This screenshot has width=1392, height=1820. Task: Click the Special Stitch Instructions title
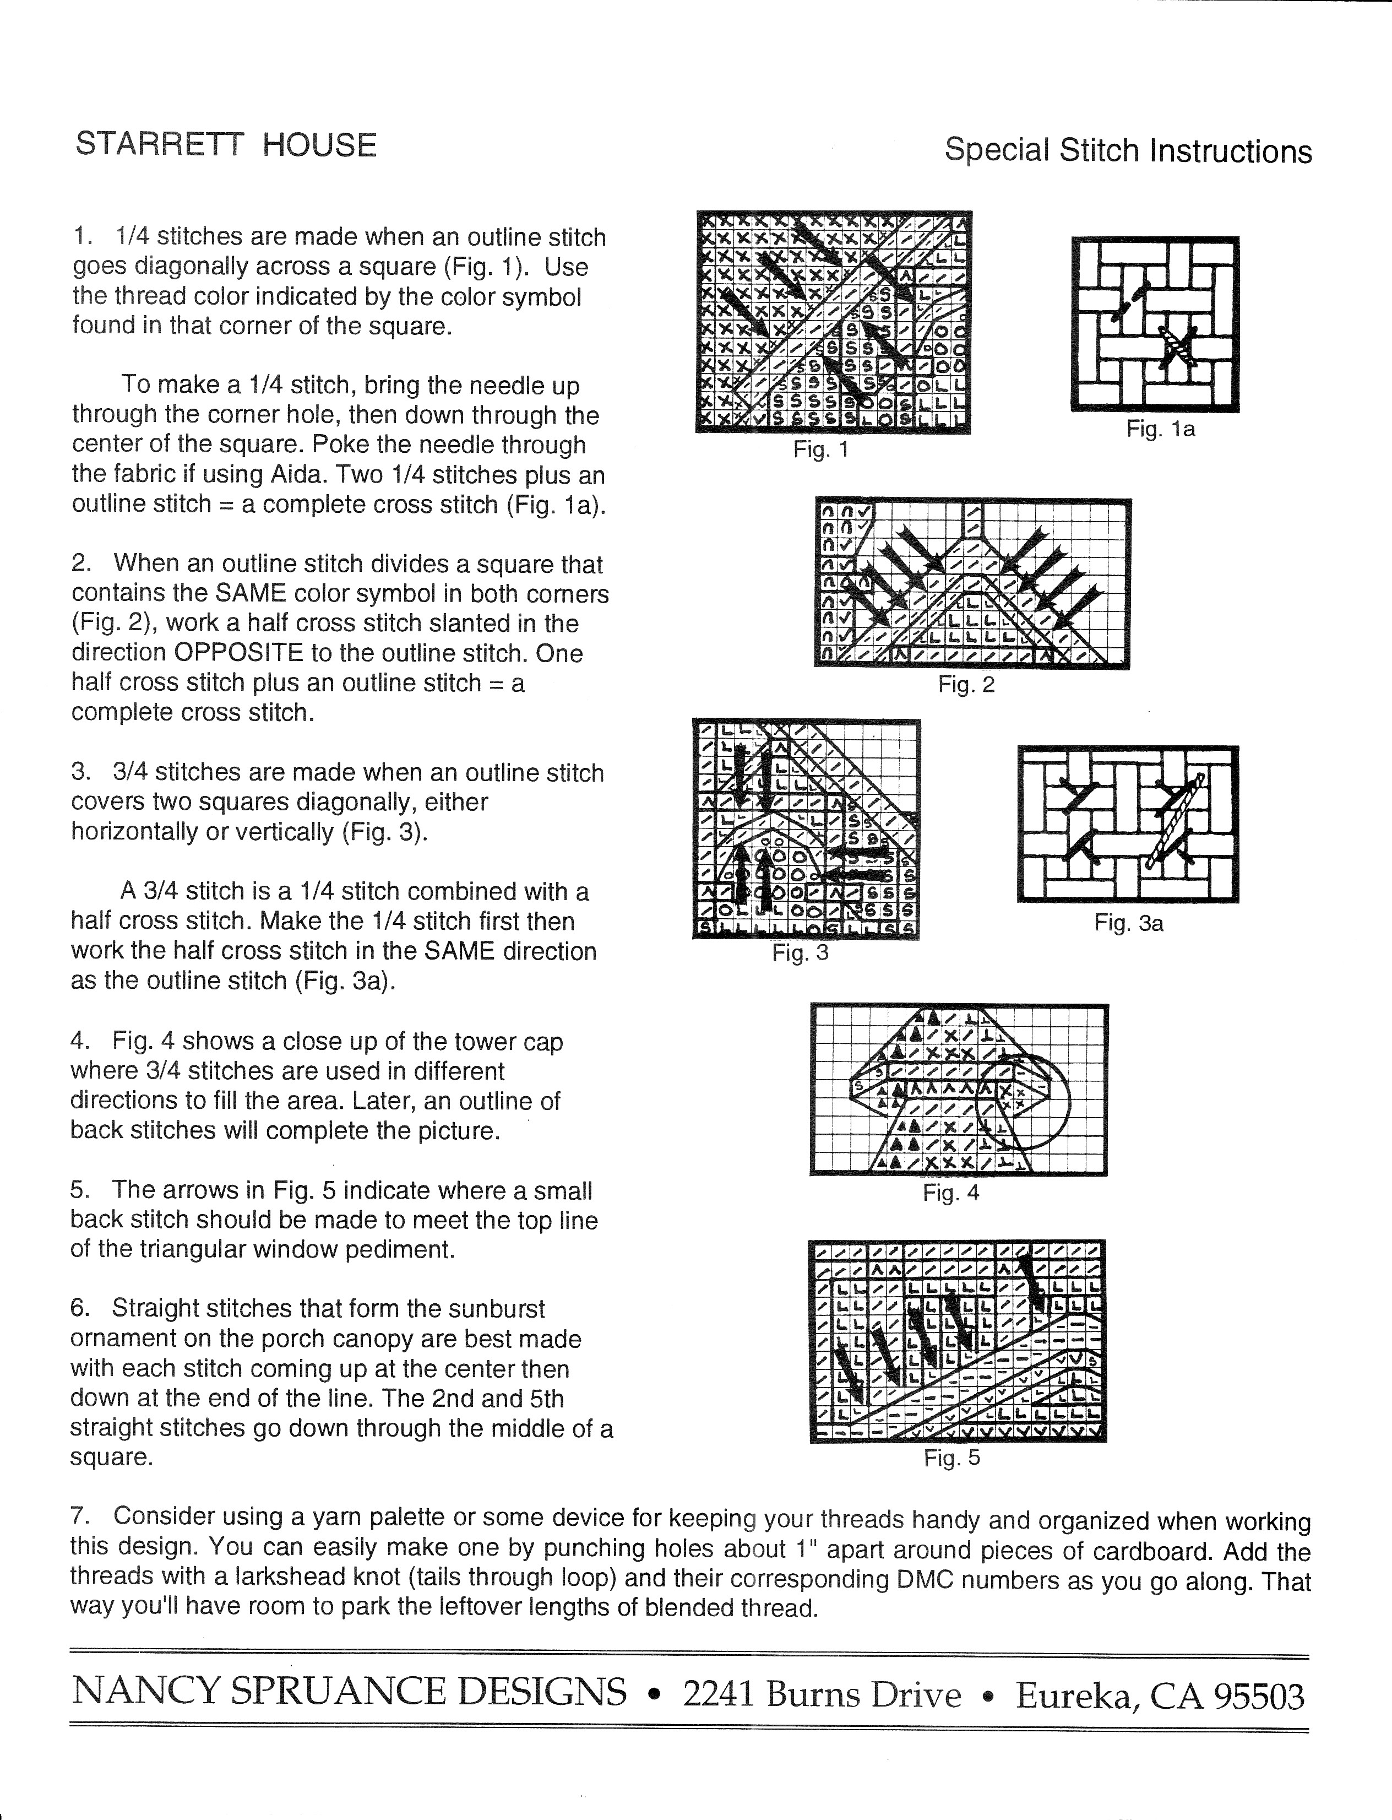pyautogui.click(x=1128, y=151)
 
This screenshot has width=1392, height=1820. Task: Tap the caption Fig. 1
pyautogui.click(x=820, y=450)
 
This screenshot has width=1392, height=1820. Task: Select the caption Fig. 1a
pyautogui.click(x=1160, y=429)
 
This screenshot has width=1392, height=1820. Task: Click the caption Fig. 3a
pyautogui.click(x=1128, y=923)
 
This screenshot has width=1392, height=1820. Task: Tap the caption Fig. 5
pyautogui.click(x=951, y=1458)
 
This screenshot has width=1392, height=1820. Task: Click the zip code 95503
pyautogui.click(x=1259, y=1697)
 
